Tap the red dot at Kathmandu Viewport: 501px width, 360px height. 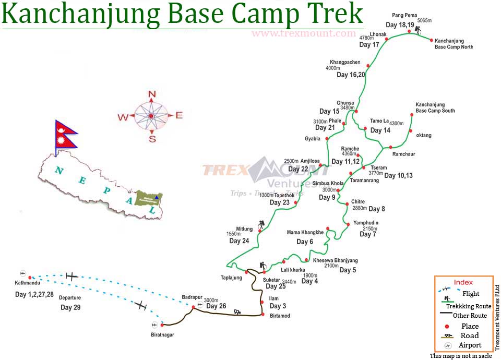point(30,278)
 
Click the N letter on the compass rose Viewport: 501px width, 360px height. point(152,94)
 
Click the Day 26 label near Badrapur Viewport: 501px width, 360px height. point(216,306)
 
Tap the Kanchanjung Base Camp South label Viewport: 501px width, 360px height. point(435,107)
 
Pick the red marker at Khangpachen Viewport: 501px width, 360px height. point(368,66)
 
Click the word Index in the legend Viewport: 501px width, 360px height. point(463,282)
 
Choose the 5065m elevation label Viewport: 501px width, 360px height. point(425,21)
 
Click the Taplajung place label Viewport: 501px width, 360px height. point(231,278)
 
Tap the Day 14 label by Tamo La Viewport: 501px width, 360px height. point(380,130)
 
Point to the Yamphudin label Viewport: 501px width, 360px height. point(366,223)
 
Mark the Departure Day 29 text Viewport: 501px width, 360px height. point(70,303)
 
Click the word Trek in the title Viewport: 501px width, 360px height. point(335,14)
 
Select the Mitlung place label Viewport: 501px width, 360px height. point(244,229)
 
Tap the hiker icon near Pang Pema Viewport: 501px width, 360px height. point(418,31)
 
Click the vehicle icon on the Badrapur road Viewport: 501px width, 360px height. point(237,311)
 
